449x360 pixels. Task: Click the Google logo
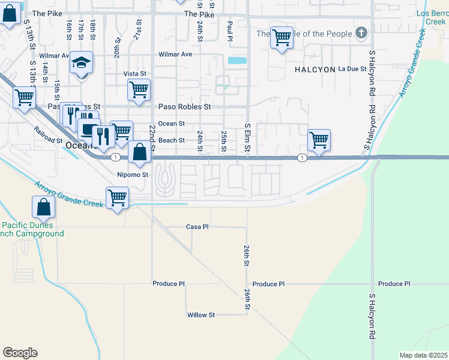[x=20, y=353]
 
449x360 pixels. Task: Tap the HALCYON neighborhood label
[x=315, y=70]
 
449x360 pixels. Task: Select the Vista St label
[x=135, y=74]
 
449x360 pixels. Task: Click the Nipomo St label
[x=132, y=175]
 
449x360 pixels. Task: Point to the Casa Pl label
[x=197, y=227]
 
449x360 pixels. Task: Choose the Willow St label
[x=200, y=315]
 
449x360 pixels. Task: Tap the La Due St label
[x=352, y=69]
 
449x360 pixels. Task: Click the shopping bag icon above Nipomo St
[x=139, y=152]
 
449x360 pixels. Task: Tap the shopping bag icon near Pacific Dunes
[x=44, y=207]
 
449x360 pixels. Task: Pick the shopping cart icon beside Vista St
[x=139, y=90]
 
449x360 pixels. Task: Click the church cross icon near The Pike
[x=361, y=32]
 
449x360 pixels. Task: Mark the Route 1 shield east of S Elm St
[x=302, y=157]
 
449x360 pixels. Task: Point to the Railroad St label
[x=48, y=135]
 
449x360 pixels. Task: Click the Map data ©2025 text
[x=423, y=355]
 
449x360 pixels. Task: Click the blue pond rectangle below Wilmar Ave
[x=237, y=60]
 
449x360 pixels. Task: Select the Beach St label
[x=171, y=140]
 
